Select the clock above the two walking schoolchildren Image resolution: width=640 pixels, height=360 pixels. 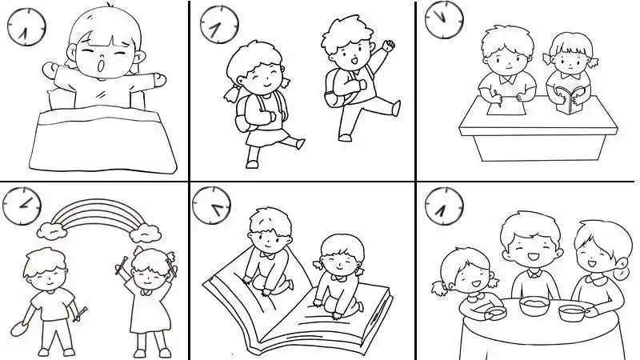point(218,24)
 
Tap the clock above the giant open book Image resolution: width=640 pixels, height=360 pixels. point(211,206)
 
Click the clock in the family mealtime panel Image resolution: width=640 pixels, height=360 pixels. point(443,206)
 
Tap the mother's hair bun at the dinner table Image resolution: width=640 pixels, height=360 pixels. point(621,270)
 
